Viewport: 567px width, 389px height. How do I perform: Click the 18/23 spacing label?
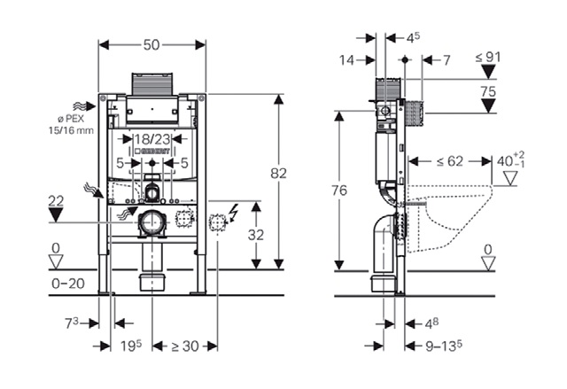click(151, 139)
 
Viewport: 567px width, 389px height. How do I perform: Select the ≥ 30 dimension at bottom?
click(184, 345)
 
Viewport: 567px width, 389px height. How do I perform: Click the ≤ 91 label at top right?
click(488, 58)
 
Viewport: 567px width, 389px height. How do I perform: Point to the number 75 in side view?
click(488, 90)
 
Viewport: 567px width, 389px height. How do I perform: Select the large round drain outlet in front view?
click(152, 222)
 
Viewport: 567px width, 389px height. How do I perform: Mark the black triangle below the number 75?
click(488, 106)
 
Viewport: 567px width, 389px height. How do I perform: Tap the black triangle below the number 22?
click(56, 214)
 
